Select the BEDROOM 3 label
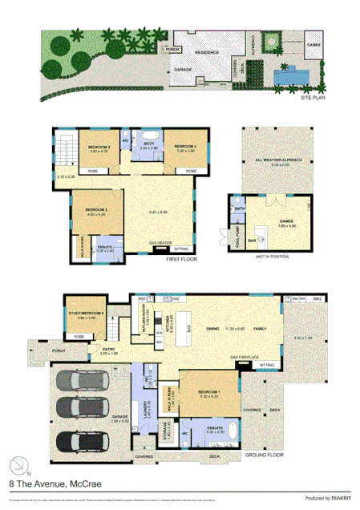[x=99, y=147]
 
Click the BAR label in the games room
[x=251, y=239]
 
